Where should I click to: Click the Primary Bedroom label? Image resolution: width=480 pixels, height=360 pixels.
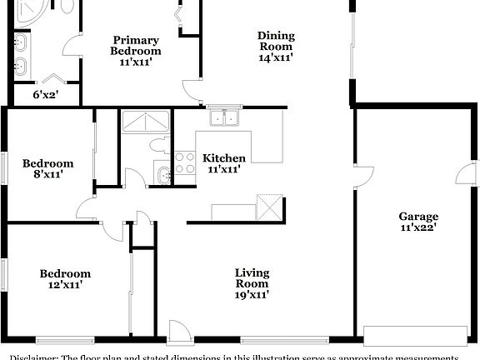click(137, 45)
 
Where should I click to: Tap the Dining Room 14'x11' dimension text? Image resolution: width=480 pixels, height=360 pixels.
click(275, 57)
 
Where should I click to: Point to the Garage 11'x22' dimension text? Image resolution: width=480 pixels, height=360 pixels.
click(417, 227)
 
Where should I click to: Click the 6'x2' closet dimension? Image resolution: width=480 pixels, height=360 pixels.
click(46, 95)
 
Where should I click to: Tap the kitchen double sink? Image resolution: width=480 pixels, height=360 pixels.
click(222, 118)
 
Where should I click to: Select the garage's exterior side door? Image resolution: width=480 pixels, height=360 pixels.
click(465, 173)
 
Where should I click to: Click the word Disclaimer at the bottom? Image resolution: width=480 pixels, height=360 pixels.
click(30, 356)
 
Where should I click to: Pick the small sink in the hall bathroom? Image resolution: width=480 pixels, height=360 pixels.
click(164, 174)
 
